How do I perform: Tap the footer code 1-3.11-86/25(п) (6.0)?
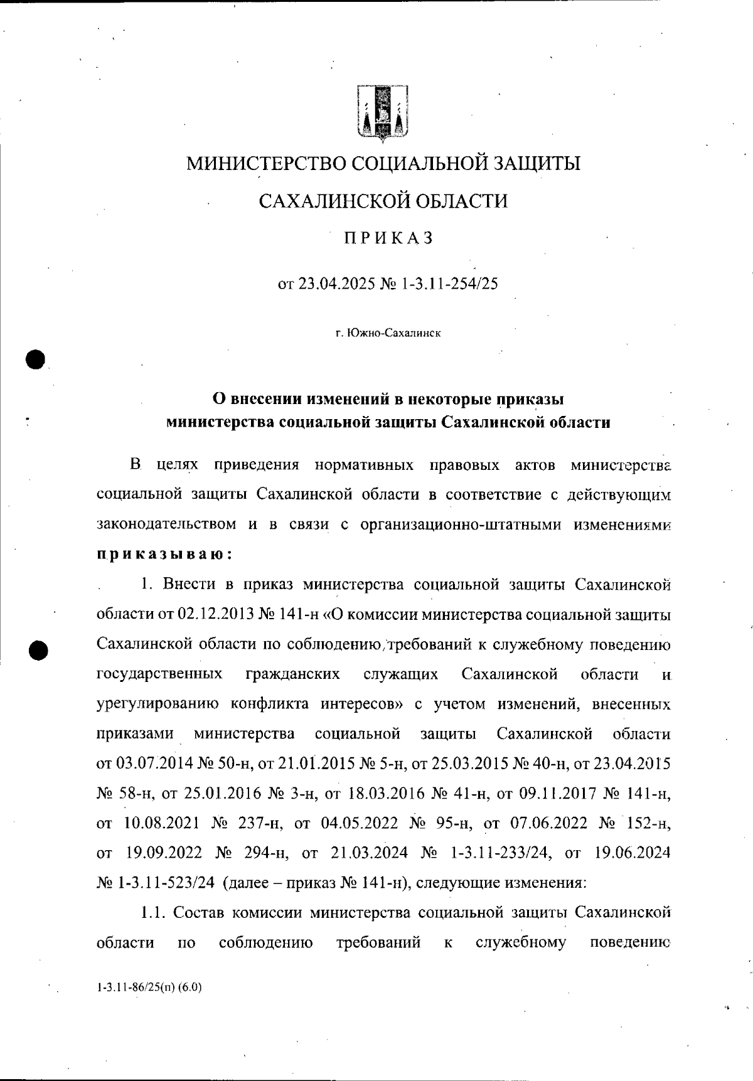point(149,987)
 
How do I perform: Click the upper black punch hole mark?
point(37,359)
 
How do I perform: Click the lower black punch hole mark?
point(38,650)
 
